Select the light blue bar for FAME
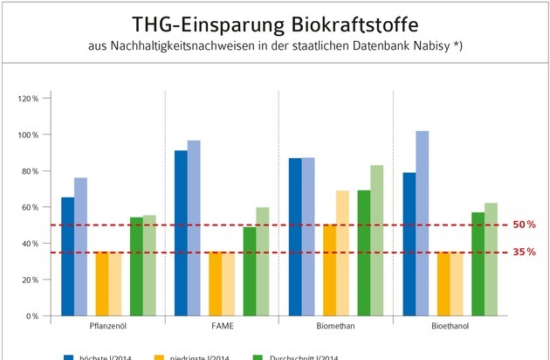point(194,227)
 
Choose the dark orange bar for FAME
point(215,283)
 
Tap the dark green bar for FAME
point(250,271)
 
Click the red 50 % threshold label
point(524,225)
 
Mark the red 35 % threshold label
point(524,252)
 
